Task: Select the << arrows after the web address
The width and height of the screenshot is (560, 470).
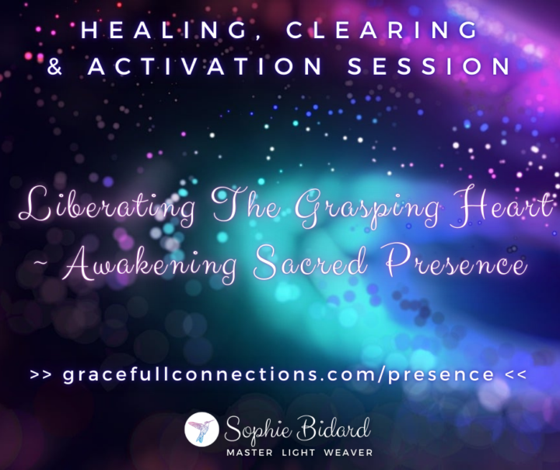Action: tap(516, 375)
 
